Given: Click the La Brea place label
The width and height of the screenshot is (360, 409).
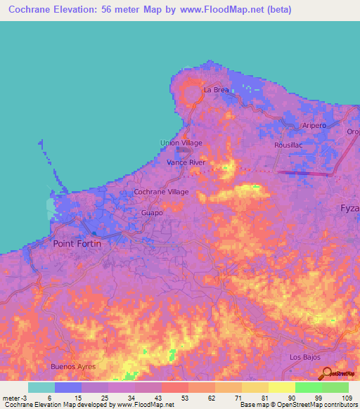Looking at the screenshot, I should (x=217, y=91).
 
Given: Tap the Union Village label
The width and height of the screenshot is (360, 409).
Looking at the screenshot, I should (x=181, y=143).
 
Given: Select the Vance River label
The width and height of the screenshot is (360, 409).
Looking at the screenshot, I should (x=186, y=162).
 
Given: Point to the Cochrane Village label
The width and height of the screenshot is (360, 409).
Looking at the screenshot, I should (x=162, y=192).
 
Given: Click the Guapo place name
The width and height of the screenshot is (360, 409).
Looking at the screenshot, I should (x=152, y=212).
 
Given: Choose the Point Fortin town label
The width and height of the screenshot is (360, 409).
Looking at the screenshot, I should (x=77, y=243).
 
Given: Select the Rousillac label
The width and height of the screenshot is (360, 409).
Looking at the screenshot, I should (x=288, y=145).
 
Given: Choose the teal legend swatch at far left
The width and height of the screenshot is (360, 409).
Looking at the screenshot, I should (x=41, y=387).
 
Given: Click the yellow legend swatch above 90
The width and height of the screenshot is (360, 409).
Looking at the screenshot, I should (x=281, y=387).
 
